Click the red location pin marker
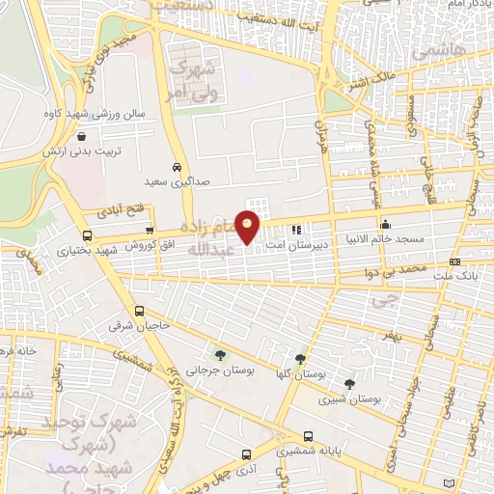coord(248,227)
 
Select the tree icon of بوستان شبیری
coord(349,384)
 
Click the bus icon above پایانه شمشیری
coord(308,436)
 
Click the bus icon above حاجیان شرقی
coord(140,311)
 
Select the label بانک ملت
coord(453,275)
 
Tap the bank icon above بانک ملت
coord(454,261)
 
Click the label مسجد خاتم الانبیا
coord(381,236)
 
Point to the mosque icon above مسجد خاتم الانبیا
coord(380,223)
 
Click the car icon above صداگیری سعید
coord(177,165)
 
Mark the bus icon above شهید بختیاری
coord(88,235)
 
